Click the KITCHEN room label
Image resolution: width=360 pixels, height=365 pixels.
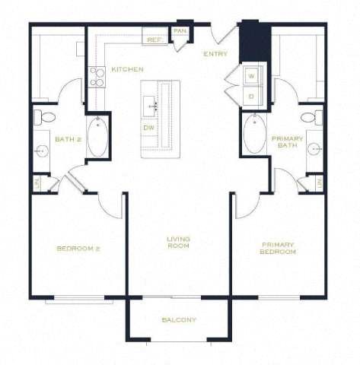[127, 69]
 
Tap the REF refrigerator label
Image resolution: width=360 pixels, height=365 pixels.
[152, 39]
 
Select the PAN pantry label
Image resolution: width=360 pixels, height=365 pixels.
[180, 30]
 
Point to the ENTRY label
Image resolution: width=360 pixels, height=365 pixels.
[215, 54]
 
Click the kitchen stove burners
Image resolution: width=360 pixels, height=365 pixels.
[97, 76]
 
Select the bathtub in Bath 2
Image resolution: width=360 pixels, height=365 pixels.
[97, 137]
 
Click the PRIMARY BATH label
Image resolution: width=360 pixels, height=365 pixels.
[287, 142]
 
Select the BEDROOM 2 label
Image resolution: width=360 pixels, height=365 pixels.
[78, 249]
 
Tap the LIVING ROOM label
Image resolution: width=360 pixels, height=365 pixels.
[179, 243]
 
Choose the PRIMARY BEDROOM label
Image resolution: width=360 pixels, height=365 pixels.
[278, 248]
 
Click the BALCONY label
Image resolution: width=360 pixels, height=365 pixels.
[179, 320]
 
